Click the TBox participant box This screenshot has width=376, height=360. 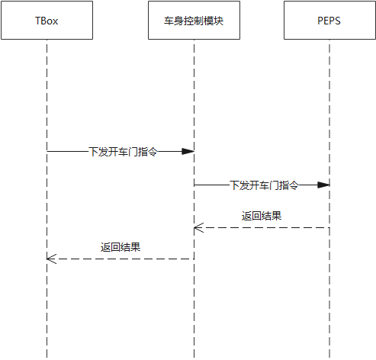coord(47,21)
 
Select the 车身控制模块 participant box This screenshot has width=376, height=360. coord(194,21)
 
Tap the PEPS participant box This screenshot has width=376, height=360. coord(329,21)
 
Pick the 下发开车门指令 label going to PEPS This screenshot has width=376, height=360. coord(263,185)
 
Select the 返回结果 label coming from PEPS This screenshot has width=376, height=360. coord(262,216)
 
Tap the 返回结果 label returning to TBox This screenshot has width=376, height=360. coord(121,247)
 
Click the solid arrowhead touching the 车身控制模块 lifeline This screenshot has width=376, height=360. coord(187,152)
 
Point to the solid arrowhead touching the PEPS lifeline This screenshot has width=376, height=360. coord(323,185)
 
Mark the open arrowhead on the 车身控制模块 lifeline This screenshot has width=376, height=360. coord(198,227)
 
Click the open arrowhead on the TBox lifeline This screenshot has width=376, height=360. coord(51,259)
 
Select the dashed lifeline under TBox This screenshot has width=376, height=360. coord(47,320)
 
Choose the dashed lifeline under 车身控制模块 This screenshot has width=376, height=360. coord(194,320)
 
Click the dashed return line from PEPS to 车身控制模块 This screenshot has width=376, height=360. coord(290,227)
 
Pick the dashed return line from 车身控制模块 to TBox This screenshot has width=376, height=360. coord(153,259)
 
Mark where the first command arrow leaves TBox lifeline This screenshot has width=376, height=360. coord(47,152)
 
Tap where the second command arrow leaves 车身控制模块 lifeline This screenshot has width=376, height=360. coord(194,185)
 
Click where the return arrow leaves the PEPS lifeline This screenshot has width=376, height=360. coord(329,227)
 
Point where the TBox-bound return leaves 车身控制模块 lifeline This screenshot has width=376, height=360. coord(193,259)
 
